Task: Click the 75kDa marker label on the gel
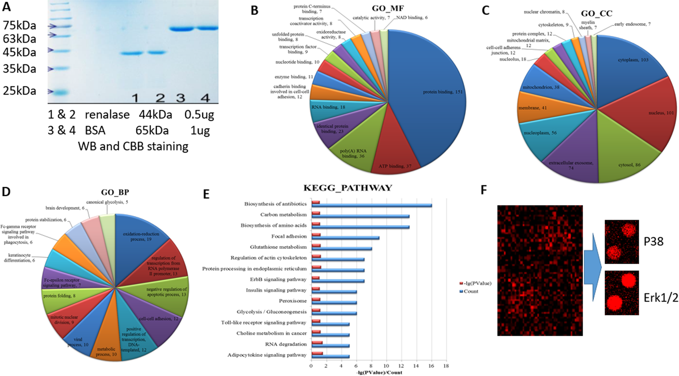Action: pos(19,26)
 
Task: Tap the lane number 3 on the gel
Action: pos(181,98)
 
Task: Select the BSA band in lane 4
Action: pos(207,28)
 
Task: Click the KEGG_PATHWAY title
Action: pos(348,188)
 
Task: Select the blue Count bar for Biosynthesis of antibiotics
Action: pos(372,205)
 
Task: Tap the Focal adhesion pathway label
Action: pos(289,236)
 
